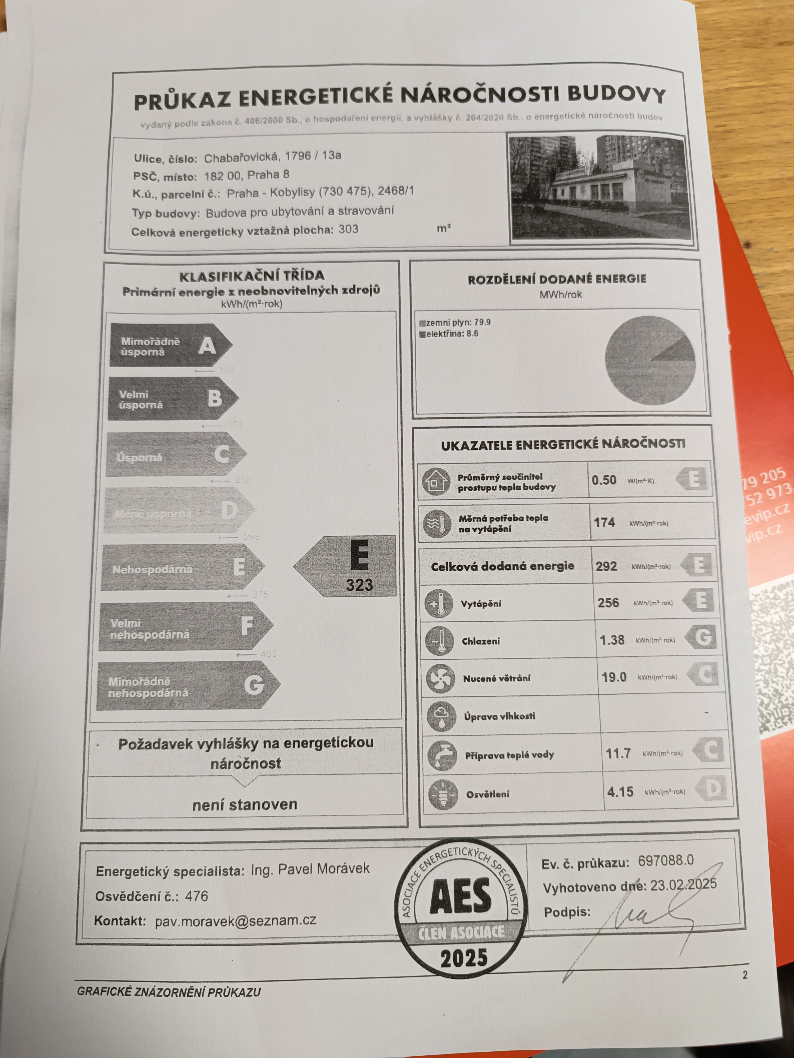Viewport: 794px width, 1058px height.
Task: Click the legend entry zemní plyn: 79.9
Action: pyautogui.click(x=455, y=322)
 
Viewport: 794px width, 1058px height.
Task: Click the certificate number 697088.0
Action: pyautogui.click(x=665, y=861)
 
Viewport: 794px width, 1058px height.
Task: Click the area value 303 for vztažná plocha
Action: pyautogui.click(x=348, y=230)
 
